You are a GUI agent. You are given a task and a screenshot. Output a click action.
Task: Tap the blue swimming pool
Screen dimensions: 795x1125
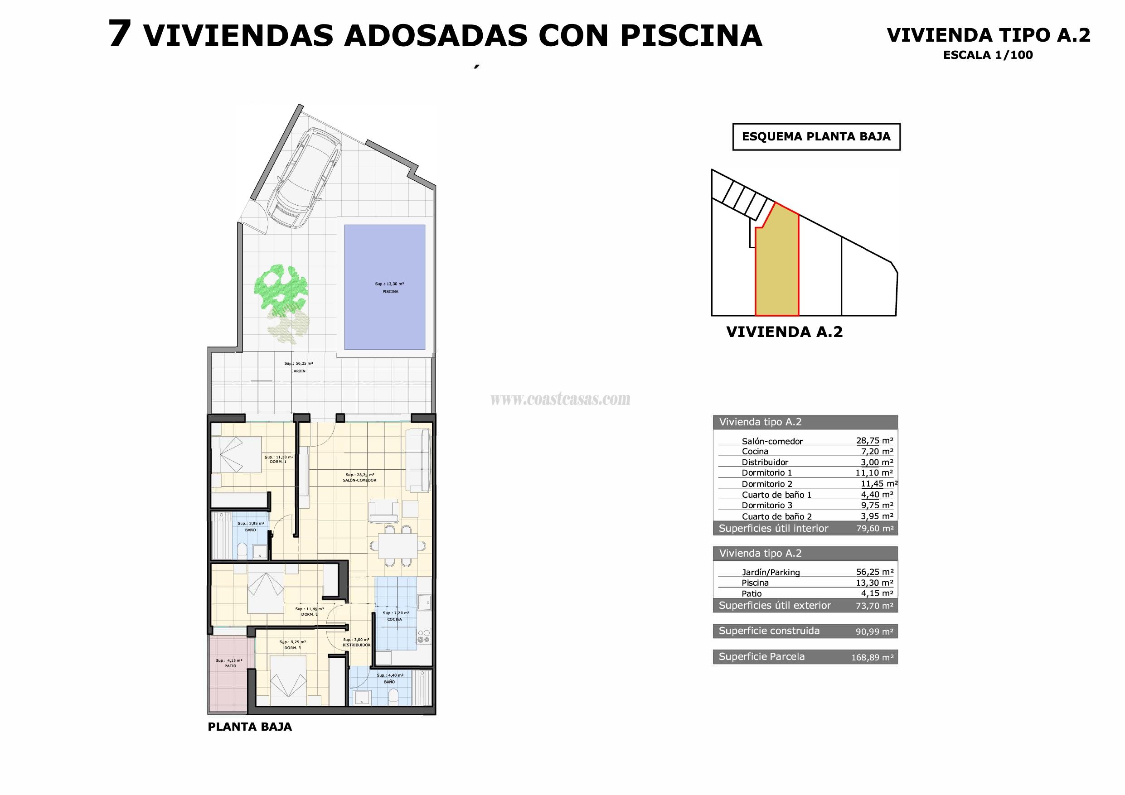[384, 287]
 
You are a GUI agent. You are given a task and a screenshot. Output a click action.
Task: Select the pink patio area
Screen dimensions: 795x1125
[231, 674]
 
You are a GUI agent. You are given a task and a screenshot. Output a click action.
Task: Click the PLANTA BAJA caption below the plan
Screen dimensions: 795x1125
[249, 727]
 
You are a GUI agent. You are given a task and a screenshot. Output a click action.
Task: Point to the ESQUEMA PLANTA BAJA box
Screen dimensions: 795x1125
[816, 137]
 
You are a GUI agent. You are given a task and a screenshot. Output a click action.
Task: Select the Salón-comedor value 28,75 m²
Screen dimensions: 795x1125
[874, 440]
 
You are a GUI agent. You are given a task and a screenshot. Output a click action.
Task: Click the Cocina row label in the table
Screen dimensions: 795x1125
[755, 452]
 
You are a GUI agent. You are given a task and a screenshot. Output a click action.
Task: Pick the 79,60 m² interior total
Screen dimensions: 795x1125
[875, 529]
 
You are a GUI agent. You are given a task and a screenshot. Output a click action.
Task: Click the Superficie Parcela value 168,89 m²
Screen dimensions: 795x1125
[872, 657]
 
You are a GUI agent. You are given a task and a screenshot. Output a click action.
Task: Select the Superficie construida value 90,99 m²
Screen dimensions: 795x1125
[874, 631]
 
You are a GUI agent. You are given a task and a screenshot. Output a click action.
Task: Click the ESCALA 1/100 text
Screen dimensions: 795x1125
[988, 55]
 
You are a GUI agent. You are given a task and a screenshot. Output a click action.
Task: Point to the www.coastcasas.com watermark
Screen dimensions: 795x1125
[560, 399]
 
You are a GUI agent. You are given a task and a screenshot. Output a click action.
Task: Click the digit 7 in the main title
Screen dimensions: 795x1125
[119, 34]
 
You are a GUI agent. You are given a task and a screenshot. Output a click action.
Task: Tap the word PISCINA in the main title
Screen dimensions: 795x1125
[691, 35]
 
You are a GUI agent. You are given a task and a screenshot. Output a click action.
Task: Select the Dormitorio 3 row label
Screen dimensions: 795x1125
[767, 506]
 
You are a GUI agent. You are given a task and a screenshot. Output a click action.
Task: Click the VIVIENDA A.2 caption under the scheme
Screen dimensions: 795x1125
[784, 332]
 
